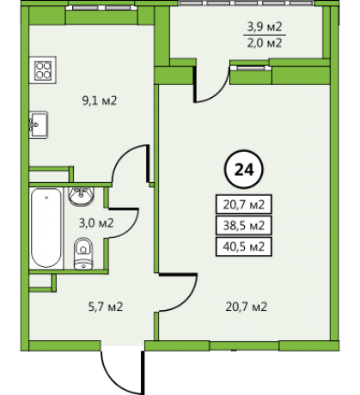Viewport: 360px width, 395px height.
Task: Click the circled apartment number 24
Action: (x=244, y=169)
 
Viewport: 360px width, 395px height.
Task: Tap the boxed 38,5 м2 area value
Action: (x=244, y=226)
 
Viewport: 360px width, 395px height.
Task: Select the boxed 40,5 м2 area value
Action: (x=244, y=246)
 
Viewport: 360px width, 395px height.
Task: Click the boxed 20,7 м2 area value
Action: (x=244, y=204)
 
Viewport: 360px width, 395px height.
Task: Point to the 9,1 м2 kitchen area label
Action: (x=100, y=100)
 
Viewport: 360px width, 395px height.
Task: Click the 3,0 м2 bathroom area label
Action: (x=96, y=222)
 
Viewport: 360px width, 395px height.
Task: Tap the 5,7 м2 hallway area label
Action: (x=106, y=307)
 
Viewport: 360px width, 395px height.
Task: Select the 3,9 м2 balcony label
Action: (x=265, y=27)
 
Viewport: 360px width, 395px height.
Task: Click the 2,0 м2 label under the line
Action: (x=265, y=43)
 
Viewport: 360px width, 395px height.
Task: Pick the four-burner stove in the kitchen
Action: (x=43, y=70)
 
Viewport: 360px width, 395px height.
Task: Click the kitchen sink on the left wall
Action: (x=39, y=125)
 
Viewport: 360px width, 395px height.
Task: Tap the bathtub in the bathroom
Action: (x=46, y=228)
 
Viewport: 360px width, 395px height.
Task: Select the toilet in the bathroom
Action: (x=83, y=253)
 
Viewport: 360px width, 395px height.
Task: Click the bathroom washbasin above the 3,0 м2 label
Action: (x=82, y=196)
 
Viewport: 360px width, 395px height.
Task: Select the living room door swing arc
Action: (x=187, y=301)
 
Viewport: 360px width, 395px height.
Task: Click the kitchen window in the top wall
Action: (x=101, y=8)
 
